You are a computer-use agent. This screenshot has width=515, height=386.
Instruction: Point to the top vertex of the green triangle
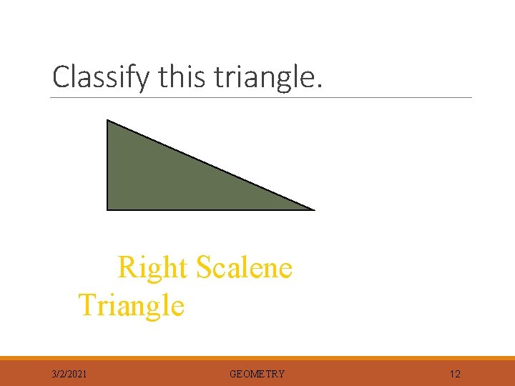[x=108, y=121]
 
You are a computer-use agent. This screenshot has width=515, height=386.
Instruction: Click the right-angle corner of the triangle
[x=108, y=209]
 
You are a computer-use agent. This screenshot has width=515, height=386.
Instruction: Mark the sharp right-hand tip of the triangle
[x=312, y=209]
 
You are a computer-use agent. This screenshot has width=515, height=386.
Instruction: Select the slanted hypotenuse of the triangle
[x=210, y=165]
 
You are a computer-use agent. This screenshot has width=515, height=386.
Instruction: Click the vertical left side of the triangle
[x=107, y=164]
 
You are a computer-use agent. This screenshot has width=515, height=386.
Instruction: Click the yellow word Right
[x=152, y=269]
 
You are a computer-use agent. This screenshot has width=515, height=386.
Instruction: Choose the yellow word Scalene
[x=244, y=268]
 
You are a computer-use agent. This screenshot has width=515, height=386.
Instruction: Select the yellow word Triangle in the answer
[x=131, y=306]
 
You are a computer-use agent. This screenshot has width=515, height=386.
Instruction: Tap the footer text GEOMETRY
[x=257, y=374]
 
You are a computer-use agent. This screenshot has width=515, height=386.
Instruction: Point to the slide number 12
[x=455, y=374]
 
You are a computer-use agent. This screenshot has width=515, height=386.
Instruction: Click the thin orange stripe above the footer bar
[x=257, y=358]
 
